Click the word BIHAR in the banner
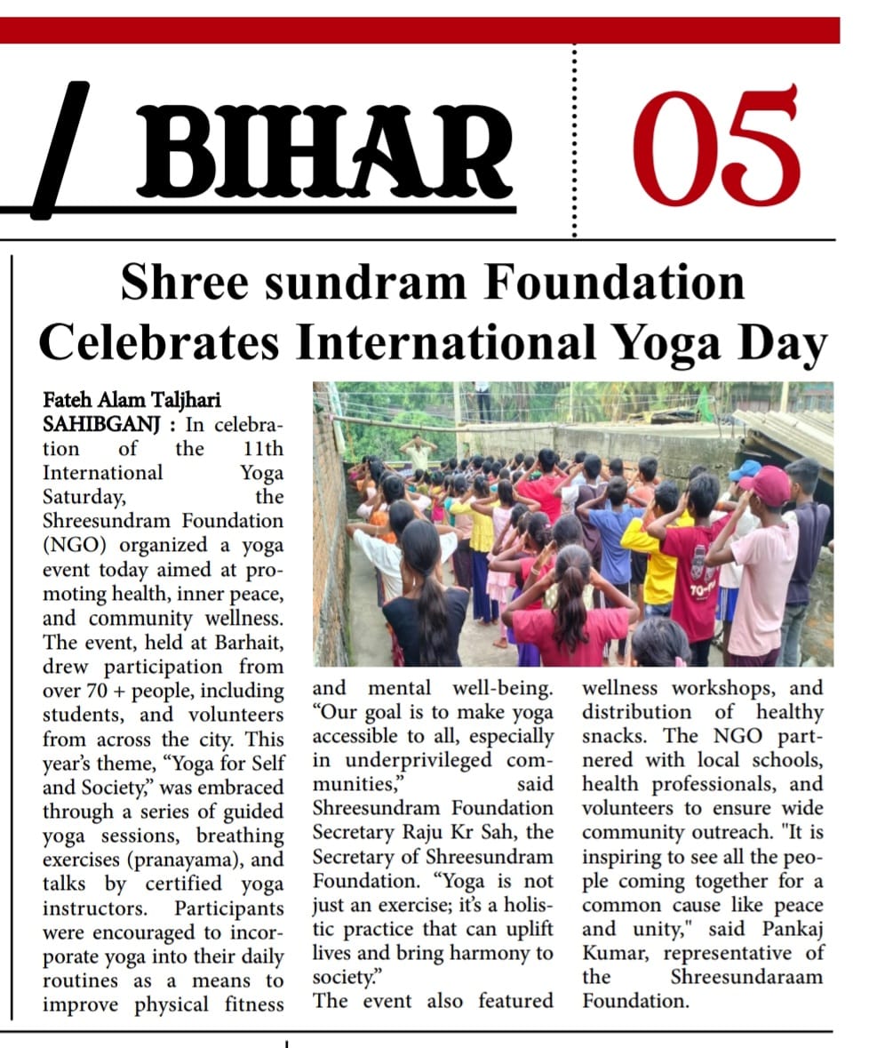(324, 152)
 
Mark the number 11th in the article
(263, 448)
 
